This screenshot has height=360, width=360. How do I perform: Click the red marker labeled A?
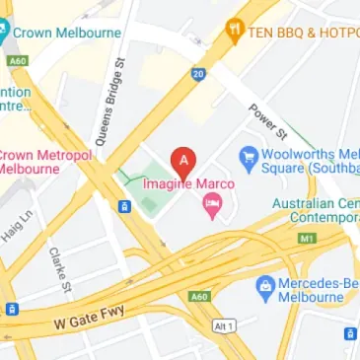point(182,161)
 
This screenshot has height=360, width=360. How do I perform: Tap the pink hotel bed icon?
point(211,205)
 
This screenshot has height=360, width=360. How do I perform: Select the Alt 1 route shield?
point(227,324)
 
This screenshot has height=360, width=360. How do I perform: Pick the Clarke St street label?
point(60,271)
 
